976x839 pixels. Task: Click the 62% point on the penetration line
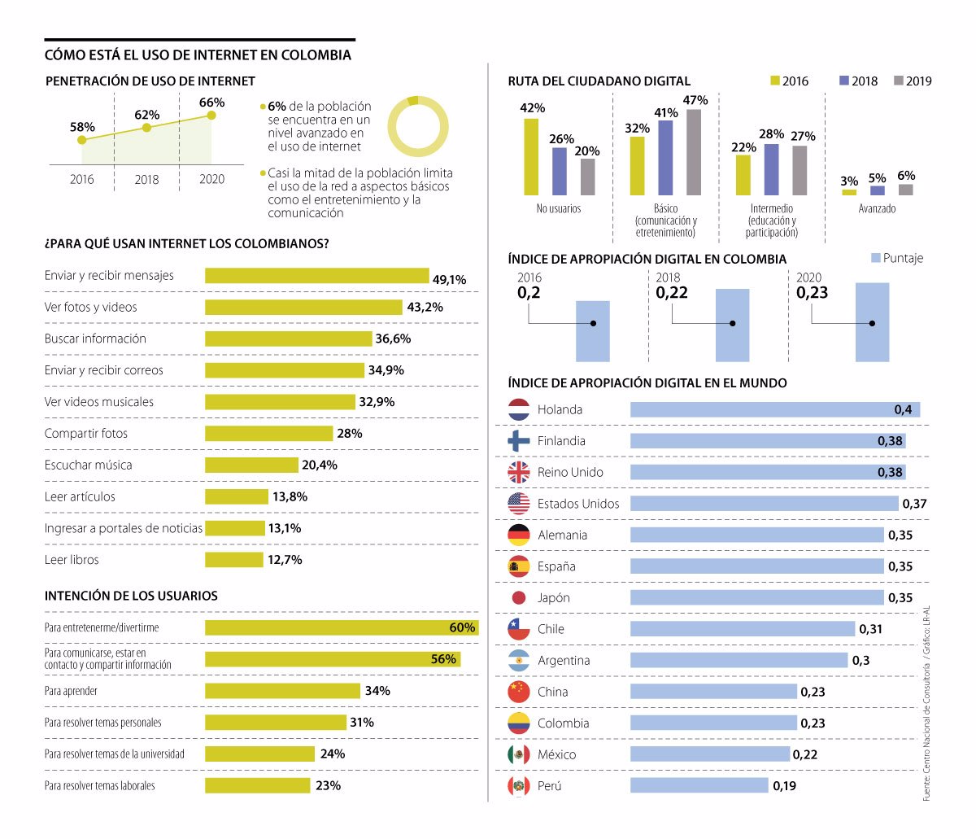[x=147, y=128]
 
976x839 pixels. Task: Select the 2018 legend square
[x=843, y=81]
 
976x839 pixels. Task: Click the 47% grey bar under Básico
[x=694, y=152]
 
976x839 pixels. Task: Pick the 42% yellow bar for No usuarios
[x=531, y=157]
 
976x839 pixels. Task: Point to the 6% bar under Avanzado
[x=905, y=190]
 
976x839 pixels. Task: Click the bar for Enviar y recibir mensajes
[x=317, y=275]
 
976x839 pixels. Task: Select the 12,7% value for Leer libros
[x=285, y=560]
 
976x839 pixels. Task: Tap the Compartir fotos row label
[x=86, y=433]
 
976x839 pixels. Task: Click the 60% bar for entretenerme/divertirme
[x=342, y=627]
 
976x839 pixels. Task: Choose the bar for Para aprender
[x=282, y=691]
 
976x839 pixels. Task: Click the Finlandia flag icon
[x=518, y=441]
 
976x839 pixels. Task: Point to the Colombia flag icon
[x=518, y=723]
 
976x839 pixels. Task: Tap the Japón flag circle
[x=519, y=597]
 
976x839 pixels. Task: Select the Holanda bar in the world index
[x=775, y=409]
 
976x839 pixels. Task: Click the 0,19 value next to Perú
[x=784, y=785]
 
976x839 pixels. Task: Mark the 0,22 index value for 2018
[x=672, y=292]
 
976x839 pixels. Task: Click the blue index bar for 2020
[x=872, y=322]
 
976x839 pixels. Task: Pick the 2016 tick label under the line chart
[x=81, y=180]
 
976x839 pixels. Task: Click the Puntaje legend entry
[x=897, y=258]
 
